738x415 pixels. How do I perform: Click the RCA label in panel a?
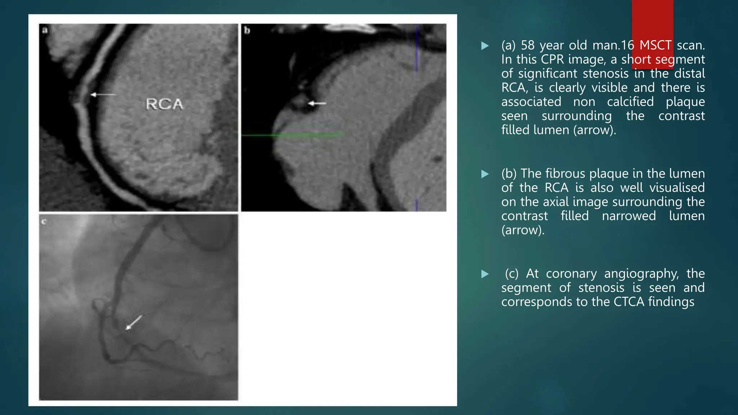pos(164,104)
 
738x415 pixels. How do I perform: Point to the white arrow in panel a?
pos(103,95)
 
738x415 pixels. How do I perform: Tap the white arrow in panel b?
pos(317,104)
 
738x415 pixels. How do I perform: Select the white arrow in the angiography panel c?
pos(133,322)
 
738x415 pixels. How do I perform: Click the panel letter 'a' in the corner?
pos(45,30)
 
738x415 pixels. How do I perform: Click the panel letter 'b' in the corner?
pos(247,30)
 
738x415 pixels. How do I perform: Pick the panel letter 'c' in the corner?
pos(44,222)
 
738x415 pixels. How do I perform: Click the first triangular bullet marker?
pos(485,46)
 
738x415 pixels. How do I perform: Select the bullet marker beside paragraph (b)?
pos(485,174)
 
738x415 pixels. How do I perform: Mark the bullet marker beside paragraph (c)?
pos(485,274)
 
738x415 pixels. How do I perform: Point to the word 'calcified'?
pos(630,102)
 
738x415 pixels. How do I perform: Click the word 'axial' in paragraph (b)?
pos(556,202)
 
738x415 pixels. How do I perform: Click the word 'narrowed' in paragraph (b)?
pos(629,216)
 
